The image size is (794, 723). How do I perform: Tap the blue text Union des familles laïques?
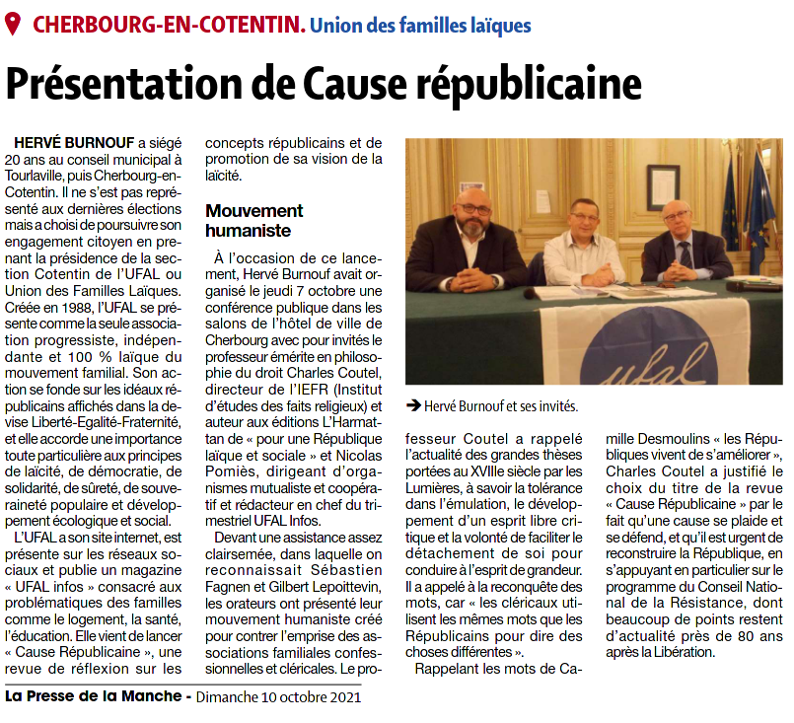(420, 25)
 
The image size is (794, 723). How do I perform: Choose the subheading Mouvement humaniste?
(253, 220)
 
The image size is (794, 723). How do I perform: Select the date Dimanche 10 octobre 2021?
(278, 696)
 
